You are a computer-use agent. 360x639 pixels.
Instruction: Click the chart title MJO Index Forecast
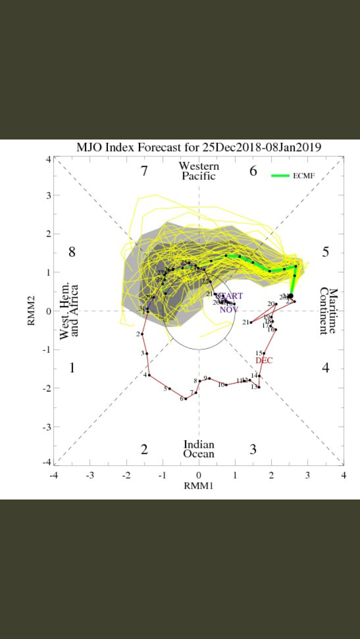point(199,148)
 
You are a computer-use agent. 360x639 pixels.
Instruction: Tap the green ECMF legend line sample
point(280,175)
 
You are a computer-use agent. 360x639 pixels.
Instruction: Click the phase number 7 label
point(145,171)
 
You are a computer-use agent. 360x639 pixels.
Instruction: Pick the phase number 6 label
point(253,171)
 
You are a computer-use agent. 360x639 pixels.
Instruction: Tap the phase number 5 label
point(325,252)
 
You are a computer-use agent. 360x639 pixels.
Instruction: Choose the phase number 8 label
point(72,252)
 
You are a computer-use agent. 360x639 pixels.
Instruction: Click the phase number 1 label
point(72,368)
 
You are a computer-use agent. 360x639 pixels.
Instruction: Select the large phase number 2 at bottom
point(145,449)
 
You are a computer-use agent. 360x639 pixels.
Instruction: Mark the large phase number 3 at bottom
point(253,449)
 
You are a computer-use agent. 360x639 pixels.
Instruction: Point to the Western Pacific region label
point(199,171)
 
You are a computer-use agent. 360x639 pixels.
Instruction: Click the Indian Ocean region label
point(199,449)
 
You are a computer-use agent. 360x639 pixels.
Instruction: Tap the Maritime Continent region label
point(328,311)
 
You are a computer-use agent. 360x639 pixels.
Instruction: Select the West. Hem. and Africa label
point(70,311)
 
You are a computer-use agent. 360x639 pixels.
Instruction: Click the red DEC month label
point(264,361)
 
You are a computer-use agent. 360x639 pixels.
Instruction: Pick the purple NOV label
point(228,309)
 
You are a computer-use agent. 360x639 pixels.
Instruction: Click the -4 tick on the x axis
point(53,475)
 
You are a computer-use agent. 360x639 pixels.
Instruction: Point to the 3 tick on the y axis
point(48,195)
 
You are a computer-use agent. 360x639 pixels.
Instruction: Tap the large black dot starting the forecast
point(290,296)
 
